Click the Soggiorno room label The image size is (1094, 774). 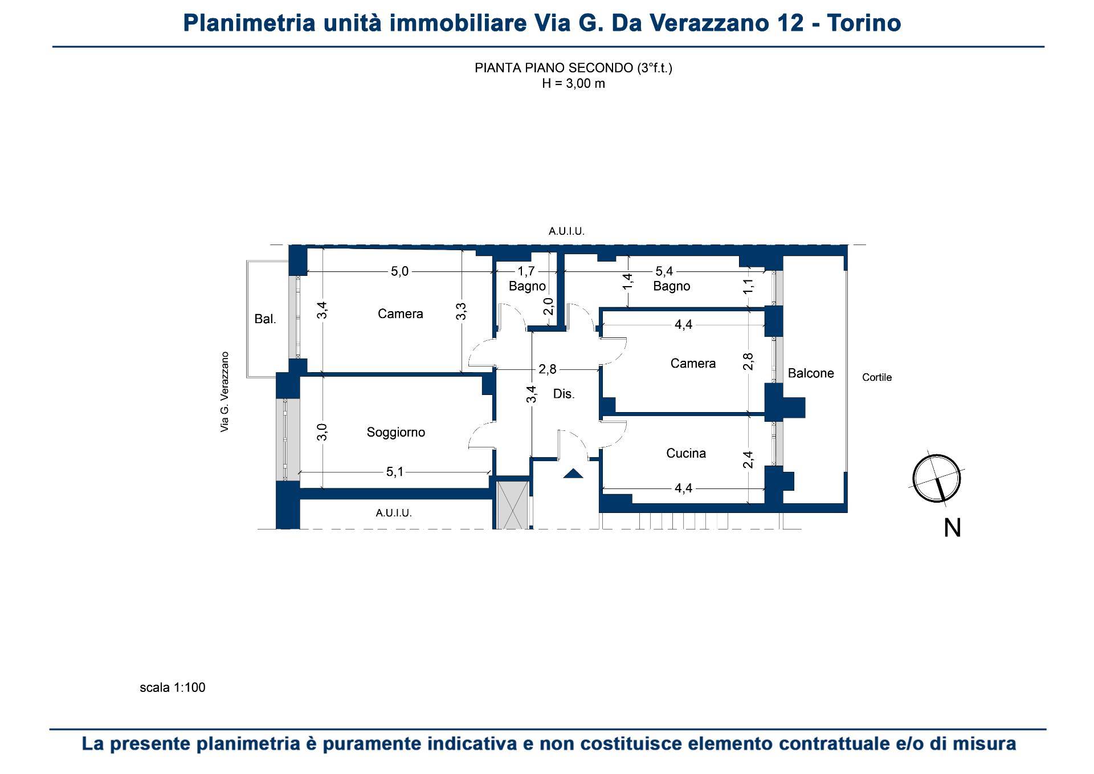[396, 433]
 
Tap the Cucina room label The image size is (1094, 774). [686, 453]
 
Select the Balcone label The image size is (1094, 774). [811, 373]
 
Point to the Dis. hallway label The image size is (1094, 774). [564, 394]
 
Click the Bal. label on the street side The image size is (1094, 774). [265, 319]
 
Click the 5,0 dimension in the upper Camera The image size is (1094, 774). [399, 271]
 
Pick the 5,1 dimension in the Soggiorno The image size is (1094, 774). [395, 472]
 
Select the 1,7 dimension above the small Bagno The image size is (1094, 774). [526, 271]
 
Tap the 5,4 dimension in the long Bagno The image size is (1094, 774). [664, 271]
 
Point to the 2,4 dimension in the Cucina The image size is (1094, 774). [749, 459]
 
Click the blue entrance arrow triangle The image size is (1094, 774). [573, 473]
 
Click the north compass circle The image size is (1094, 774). [937, 478]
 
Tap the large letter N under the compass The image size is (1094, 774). [952, 528]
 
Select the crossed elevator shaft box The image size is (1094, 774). [513, 505]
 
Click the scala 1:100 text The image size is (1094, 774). [173, 687]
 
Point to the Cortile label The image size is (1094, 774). [877, 377]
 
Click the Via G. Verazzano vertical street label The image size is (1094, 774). [224, 392]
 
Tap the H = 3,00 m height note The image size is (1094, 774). [573, 84]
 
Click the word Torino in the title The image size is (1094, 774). [864, 23]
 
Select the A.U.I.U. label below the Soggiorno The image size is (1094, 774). [394, 513]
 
